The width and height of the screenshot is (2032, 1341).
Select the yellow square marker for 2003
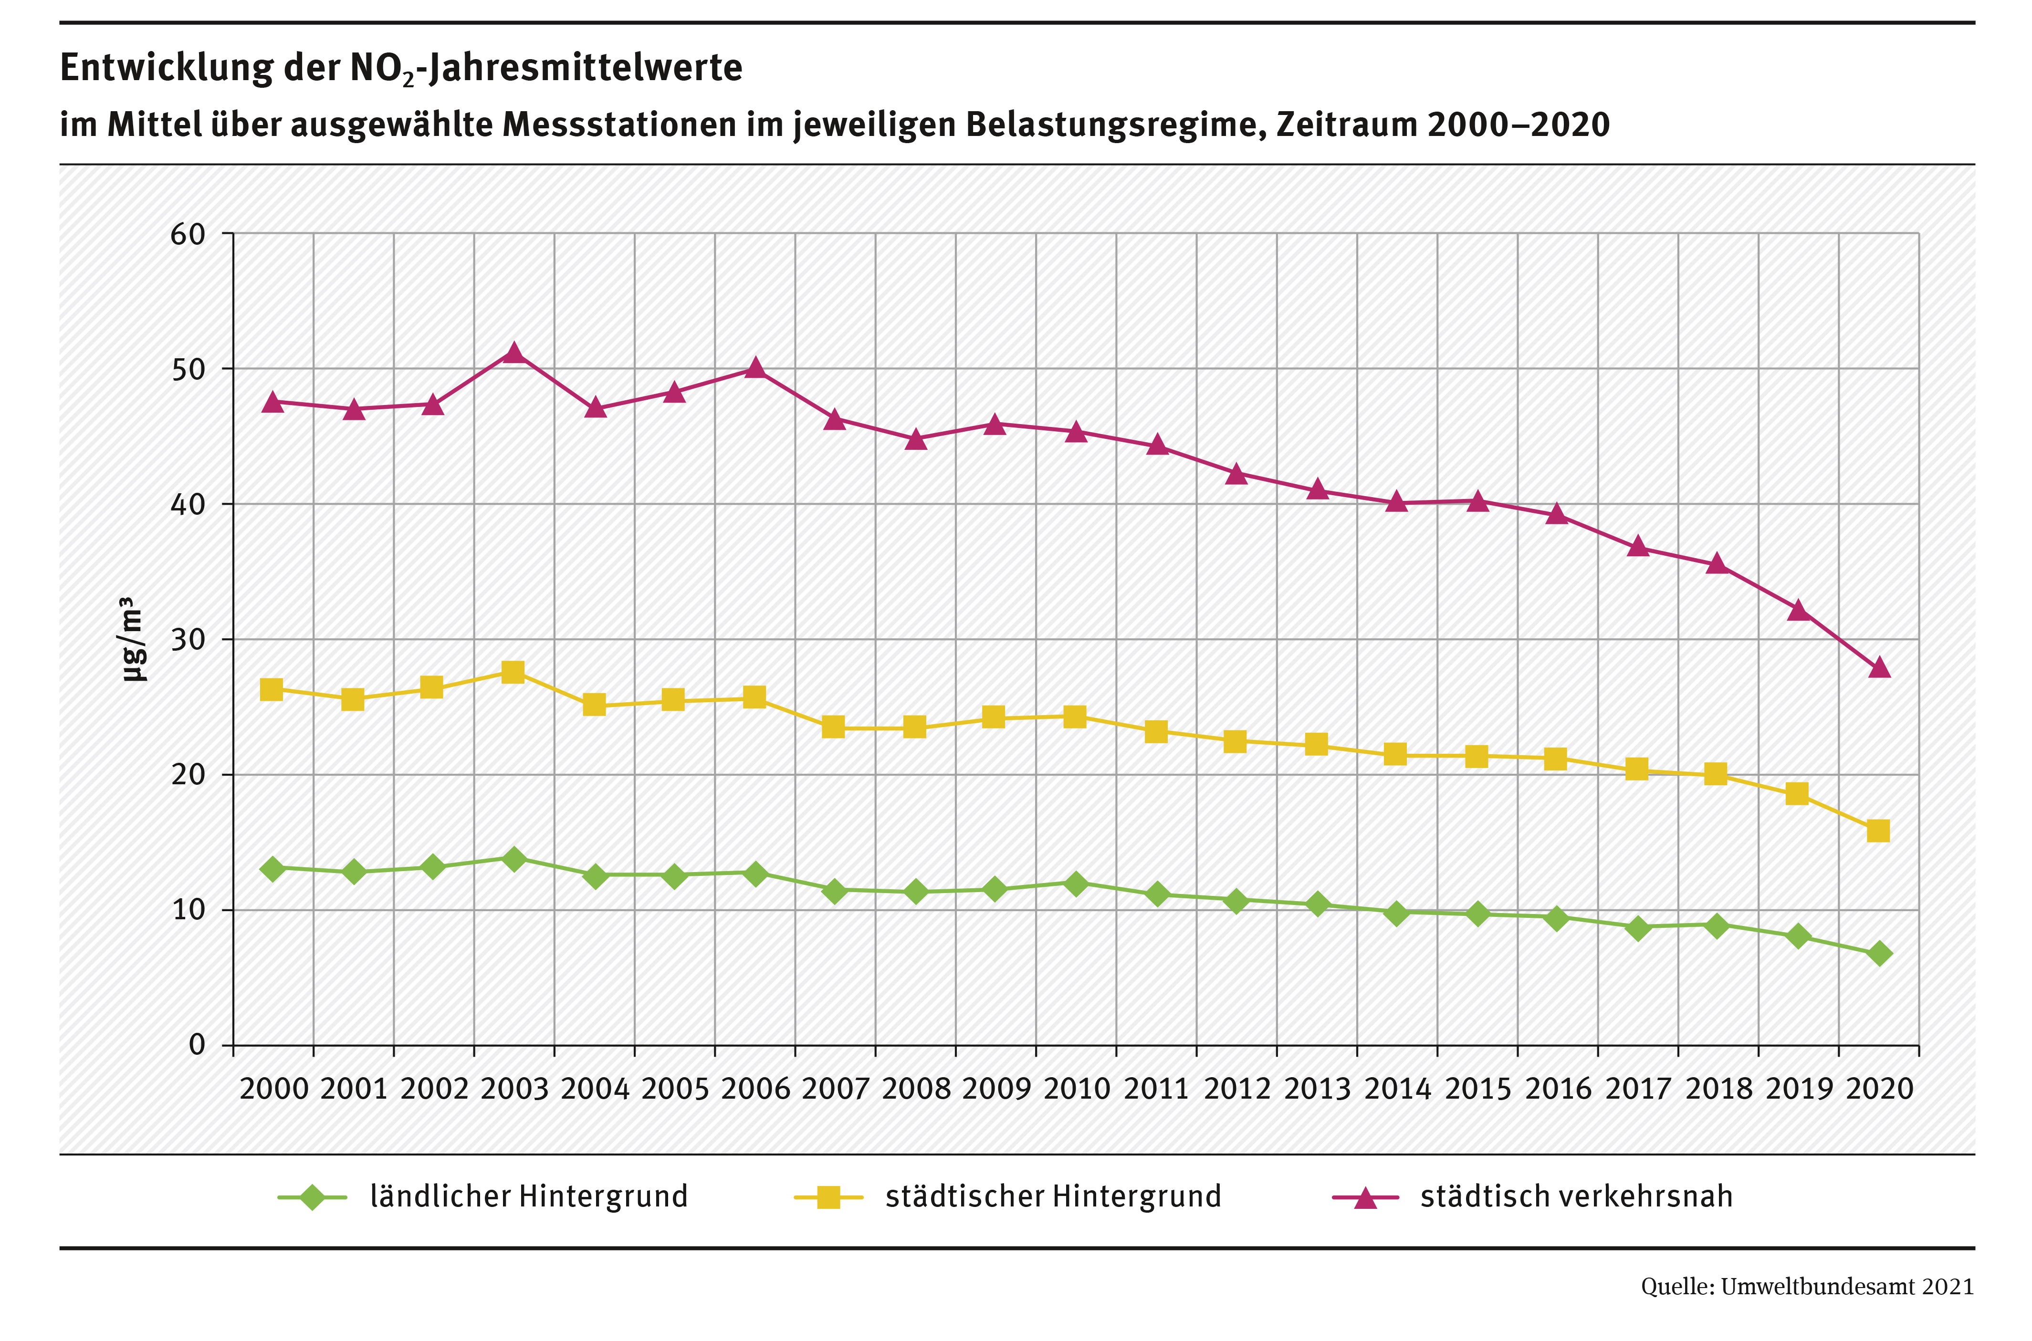(513, 672)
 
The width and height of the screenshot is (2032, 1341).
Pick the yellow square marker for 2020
(1878, 832)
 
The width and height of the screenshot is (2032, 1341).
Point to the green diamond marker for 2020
(1879, 954)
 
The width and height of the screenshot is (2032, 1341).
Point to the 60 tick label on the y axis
(188, 234)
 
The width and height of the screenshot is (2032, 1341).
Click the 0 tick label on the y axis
(198, 1045)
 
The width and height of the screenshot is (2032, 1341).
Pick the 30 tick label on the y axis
(188, 640)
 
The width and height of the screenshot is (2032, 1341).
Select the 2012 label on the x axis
(1237, 1089)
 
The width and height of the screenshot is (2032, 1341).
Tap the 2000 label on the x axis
(274, 1089)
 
